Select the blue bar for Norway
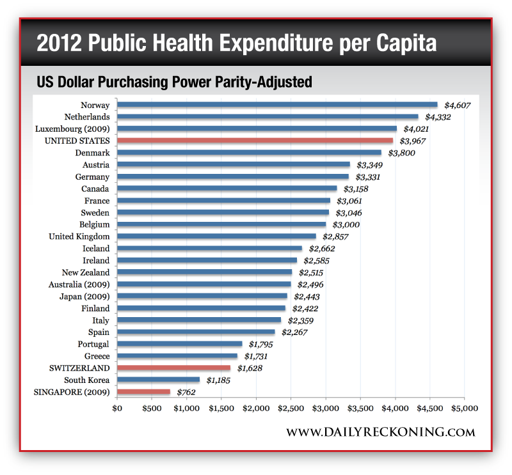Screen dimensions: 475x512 point(276,105)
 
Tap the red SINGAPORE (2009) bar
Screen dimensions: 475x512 point(143,392)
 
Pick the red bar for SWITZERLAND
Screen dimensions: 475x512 point(173,368)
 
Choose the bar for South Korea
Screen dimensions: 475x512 point(158,380)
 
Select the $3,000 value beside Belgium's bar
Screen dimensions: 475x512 point(346,225)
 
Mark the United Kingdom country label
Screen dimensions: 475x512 point(79,237)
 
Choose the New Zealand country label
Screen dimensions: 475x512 point(86,272)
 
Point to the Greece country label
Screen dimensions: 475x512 point(97,356)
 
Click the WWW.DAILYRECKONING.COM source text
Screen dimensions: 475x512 point(380,433)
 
